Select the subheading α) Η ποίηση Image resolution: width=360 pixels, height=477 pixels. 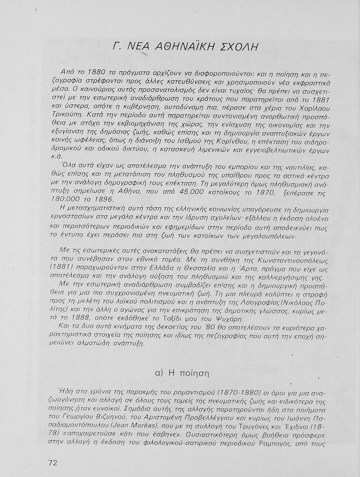pyautogui.click(x=183, y=373)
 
